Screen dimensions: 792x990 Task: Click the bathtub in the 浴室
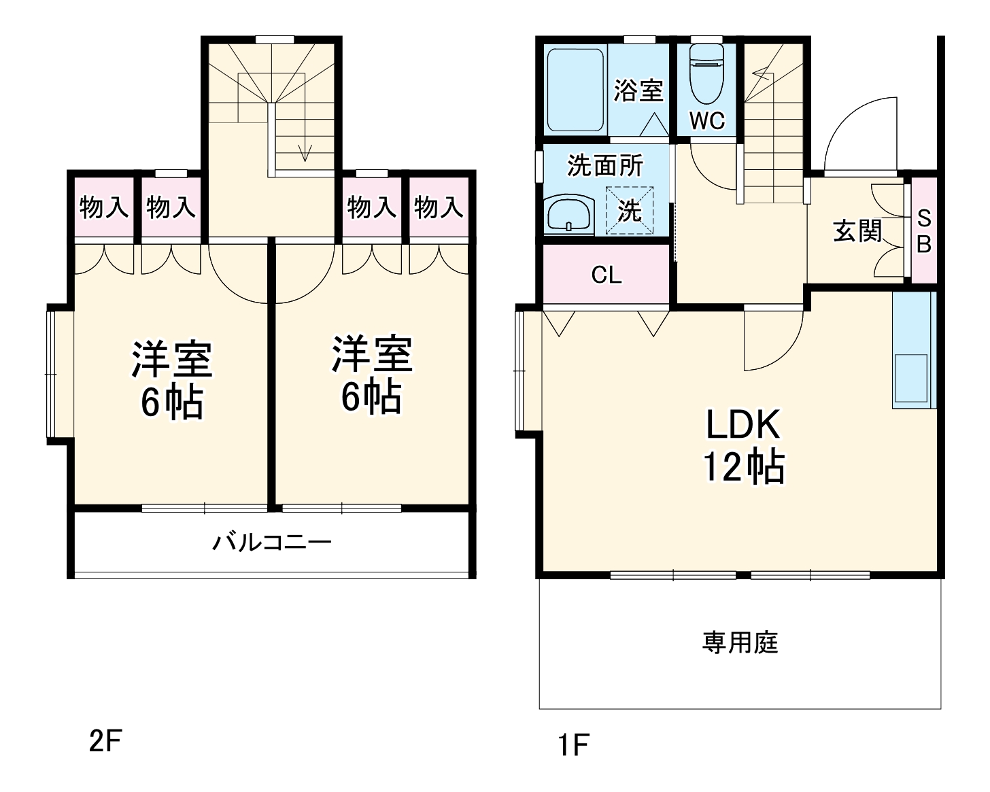point(576,90)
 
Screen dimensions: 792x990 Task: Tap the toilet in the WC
point(707,75)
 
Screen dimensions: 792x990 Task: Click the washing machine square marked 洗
point(629,211)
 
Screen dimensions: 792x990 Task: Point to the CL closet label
point(606,275)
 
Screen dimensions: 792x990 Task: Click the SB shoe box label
point(923,231)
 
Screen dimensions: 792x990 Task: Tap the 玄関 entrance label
point(857,231)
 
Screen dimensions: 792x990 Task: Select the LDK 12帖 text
point(742,446)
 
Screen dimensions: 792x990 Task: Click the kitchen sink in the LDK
point(910,378)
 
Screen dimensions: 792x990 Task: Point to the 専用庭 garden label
point(740,642)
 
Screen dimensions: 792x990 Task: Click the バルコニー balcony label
point(272,543)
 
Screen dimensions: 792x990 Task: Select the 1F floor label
point(573,745)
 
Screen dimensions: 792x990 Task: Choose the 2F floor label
point(105,741)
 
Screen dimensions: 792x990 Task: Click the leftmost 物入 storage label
point(104,207)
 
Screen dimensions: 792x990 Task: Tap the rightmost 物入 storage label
point(439,207)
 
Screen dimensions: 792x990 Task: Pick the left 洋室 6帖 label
point(171,379)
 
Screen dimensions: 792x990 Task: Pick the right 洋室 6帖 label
point(371,374)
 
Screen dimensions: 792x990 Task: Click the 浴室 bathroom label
point(638,90)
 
